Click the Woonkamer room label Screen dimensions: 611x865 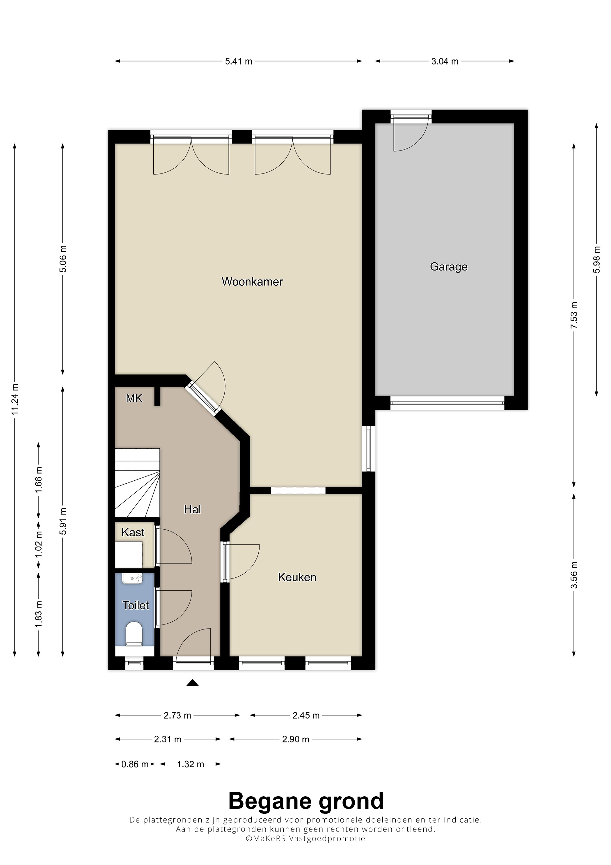(x=252, y=282)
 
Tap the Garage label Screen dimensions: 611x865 (x=448, y=267)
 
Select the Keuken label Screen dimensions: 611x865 (x=297, y=577)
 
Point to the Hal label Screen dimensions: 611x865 (x=192, y=509)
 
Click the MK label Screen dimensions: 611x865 (x=134, y=398)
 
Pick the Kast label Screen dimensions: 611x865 (x=133, y=532)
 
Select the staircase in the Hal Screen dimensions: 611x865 (x=137, y=483)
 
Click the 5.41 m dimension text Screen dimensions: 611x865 (x=239, y=61)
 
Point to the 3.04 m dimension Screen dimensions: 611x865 (x=445, y=61)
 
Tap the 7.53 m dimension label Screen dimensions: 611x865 (x=574, y=315)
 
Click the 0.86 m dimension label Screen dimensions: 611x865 (x=135, y=764)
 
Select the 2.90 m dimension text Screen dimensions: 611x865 (x=296, y=739)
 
